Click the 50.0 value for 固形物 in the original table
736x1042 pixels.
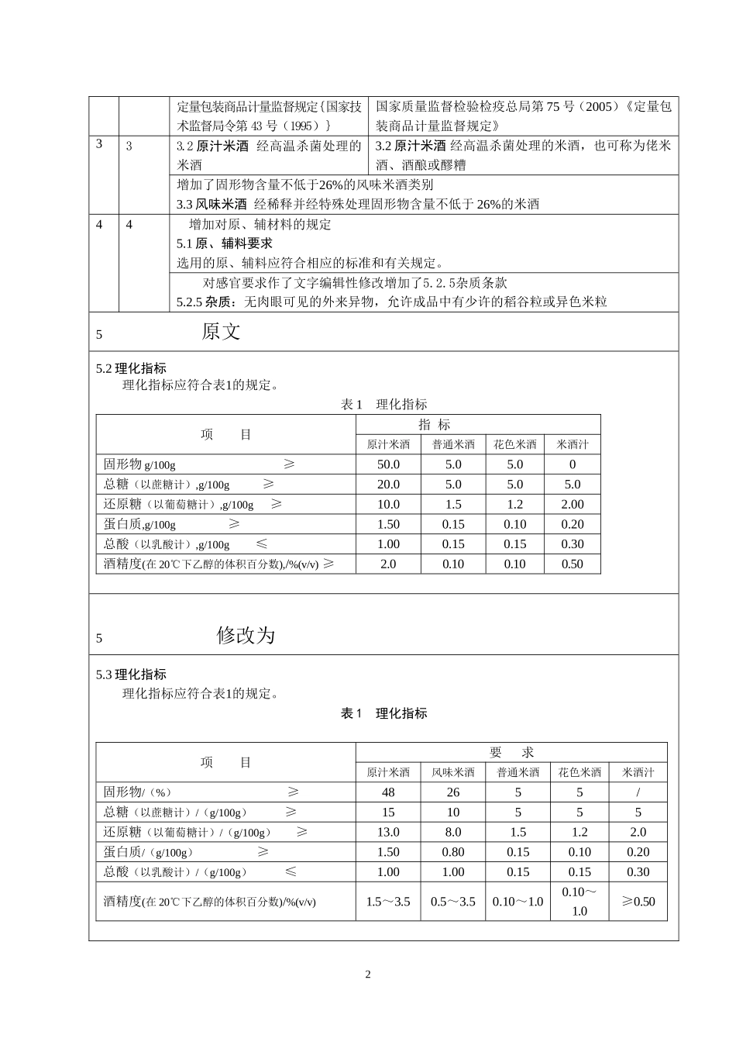click(388, 464)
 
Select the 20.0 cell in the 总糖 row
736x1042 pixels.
click(388, 485)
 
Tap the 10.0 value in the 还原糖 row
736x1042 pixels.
click(388, 505)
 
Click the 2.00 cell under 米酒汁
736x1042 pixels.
click(572, 505)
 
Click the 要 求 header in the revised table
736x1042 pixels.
click(511, 752)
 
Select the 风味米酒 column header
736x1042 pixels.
click(453, 772)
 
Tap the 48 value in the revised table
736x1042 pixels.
click(388, 792)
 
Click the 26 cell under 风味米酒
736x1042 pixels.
click(453, 792)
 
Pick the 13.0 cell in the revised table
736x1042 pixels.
click(388, 832)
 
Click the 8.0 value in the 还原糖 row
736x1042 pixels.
click(453, 832)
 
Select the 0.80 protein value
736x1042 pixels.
click(453, 852)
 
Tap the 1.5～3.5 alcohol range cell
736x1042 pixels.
click(388, 902)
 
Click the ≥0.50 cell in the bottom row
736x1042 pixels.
click(638, 902)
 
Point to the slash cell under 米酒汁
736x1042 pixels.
click(638, 792)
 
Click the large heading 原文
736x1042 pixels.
click(221, 332)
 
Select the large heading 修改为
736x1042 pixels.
click(246, 636)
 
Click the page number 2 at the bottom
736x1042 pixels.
click(368, 975)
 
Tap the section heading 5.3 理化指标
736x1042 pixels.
click(131, 675)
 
